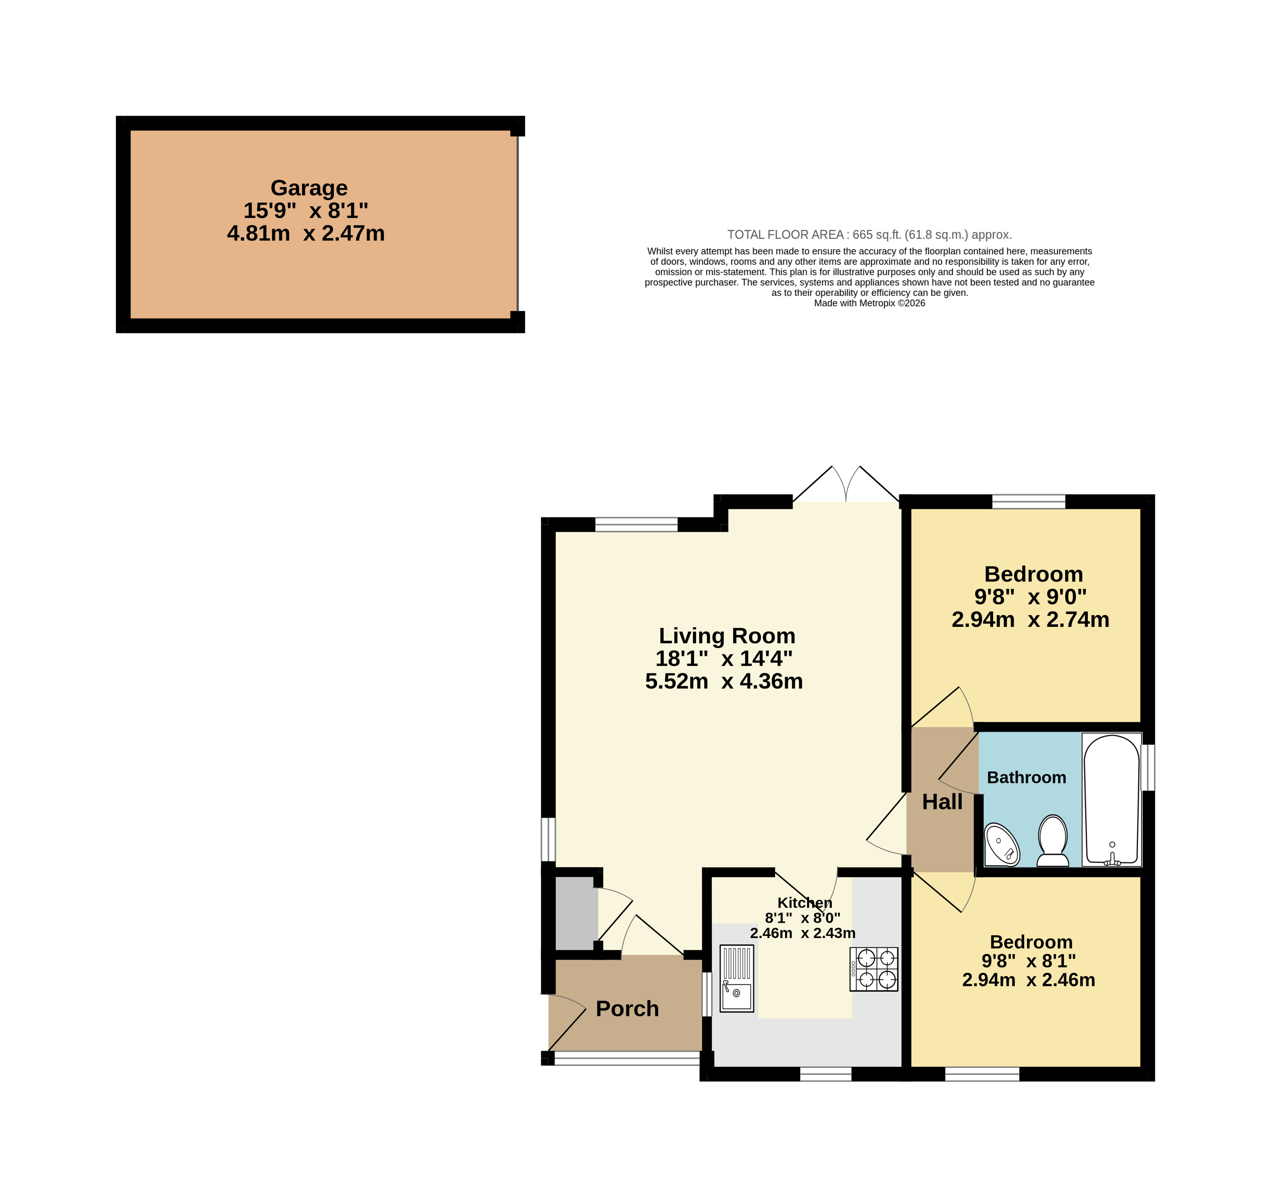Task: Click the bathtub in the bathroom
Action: coord(1112,800)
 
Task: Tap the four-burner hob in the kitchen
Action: coord(874,969)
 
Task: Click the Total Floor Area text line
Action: coord(869,235)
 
